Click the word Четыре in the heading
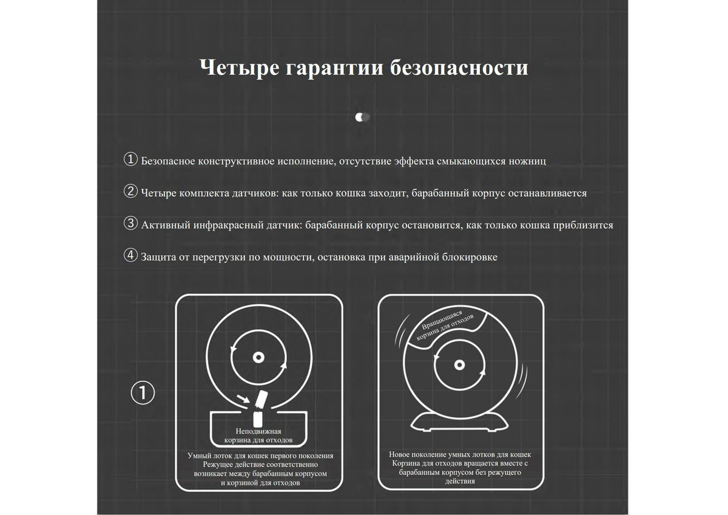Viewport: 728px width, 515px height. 239,67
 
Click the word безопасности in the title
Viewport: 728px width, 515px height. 459,67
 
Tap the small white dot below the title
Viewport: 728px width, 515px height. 360,117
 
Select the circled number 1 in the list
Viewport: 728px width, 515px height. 130,159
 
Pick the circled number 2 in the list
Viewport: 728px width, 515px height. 130,191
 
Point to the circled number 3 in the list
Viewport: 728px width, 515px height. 130,223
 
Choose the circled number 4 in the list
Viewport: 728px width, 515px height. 130,255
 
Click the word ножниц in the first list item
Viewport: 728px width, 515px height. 527,161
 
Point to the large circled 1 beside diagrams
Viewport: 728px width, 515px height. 143,393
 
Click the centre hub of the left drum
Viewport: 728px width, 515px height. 258,358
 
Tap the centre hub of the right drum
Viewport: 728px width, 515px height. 459,365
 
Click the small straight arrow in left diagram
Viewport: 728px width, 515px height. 243,398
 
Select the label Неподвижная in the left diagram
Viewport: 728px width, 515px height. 258,431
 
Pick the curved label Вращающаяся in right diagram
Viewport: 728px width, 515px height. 442,320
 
